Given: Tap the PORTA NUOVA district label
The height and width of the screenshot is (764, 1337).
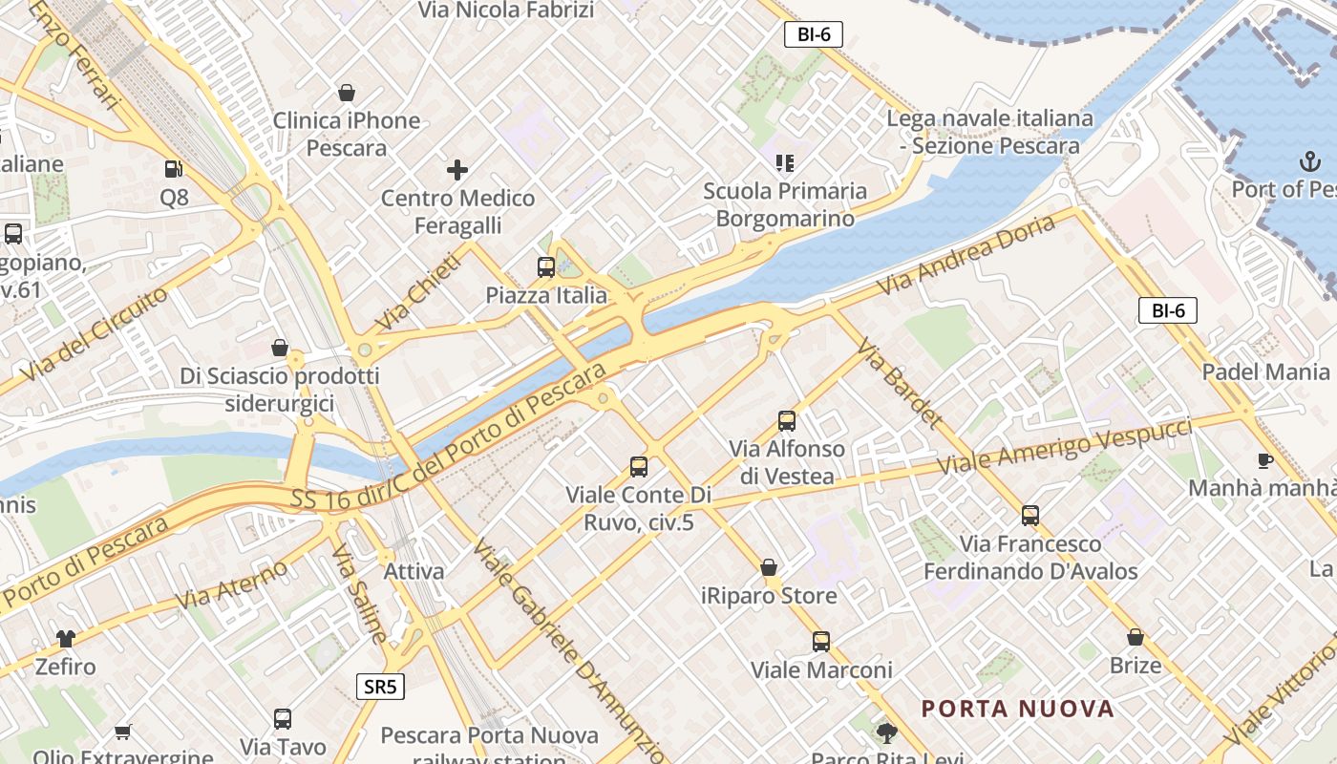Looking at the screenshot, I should coord(1018,709).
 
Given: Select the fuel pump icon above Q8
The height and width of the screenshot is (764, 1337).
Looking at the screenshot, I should coord(174,169).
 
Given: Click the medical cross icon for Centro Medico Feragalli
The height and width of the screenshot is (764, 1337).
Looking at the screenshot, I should coord(457,171).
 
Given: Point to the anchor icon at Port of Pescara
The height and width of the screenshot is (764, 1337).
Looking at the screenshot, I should coord(1307,161).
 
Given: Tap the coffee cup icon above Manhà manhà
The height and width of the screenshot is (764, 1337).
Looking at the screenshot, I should coord(1265,460).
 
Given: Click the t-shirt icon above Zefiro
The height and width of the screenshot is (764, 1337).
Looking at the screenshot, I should coord(65,638).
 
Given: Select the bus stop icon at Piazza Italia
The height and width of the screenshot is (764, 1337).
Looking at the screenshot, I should coord(546,267).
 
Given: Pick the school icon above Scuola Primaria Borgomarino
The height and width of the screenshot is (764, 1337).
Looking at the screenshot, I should coord(785,163).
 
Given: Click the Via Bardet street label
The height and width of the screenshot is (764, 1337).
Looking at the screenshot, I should coord(900,383).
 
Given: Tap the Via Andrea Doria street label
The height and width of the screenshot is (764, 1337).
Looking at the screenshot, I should coord(966,254).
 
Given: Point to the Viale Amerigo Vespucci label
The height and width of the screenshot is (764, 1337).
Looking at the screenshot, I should coord(1065,447).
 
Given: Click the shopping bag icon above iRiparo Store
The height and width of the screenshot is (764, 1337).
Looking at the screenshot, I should coord(769,568).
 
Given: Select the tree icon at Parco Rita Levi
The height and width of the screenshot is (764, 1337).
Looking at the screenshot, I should coord(887,732).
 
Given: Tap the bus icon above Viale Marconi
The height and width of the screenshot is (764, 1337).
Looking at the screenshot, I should coord(821,642).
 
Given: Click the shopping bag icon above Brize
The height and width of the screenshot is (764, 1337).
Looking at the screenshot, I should coord(1135,637).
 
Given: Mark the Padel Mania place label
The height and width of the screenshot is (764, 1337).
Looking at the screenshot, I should coord(1265,371).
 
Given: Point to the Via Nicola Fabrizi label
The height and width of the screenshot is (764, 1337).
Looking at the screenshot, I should coord(506,11).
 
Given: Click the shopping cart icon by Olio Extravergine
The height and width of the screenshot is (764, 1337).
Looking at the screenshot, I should coord(122,732).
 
